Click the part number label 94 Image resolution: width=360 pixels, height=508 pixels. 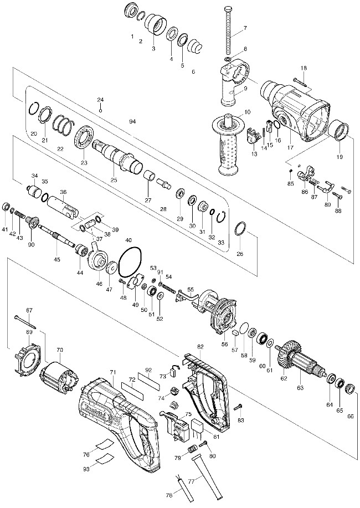pyautogui.click(x=132, y=121)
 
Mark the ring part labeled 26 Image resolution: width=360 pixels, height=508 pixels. pyautogui.click(x=240, y=228)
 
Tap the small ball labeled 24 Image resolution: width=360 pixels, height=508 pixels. pyautogui.click(x=101, y=110)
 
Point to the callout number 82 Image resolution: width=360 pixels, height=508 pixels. pyautogui.click(x=200, y=347)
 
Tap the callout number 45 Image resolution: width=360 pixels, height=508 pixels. pyautogui.click(x=56, y=259)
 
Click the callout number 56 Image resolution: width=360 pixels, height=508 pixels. pyautogui.click(x=225, y=343)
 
